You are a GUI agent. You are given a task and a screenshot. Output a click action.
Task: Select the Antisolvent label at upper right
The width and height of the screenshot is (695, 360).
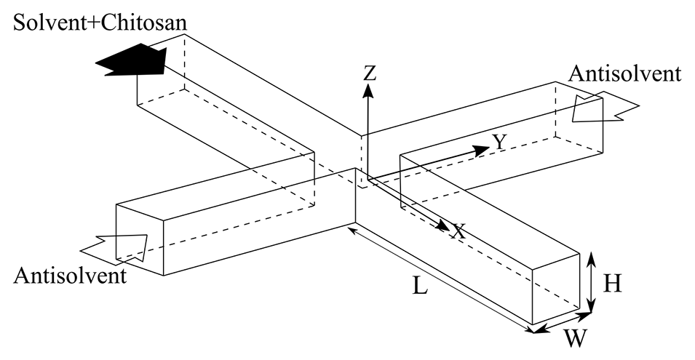tap(625, 73)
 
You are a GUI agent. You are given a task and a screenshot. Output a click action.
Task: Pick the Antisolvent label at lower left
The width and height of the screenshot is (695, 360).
tap(70, 276)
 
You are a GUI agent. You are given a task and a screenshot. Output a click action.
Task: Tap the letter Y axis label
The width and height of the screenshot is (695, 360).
tap(499, 143)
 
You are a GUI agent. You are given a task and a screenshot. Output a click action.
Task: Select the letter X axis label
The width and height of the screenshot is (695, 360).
tap(458, 232)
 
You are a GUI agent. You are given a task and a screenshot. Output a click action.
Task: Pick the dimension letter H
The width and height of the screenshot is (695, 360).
tap(613, 284)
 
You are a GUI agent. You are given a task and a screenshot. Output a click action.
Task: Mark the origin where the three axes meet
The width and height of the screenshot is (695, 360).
tap(369, 177)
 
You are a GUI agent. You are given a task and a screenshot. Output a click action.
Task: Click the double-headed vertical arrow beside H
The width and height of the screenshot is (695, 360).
tap(592, 283)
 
